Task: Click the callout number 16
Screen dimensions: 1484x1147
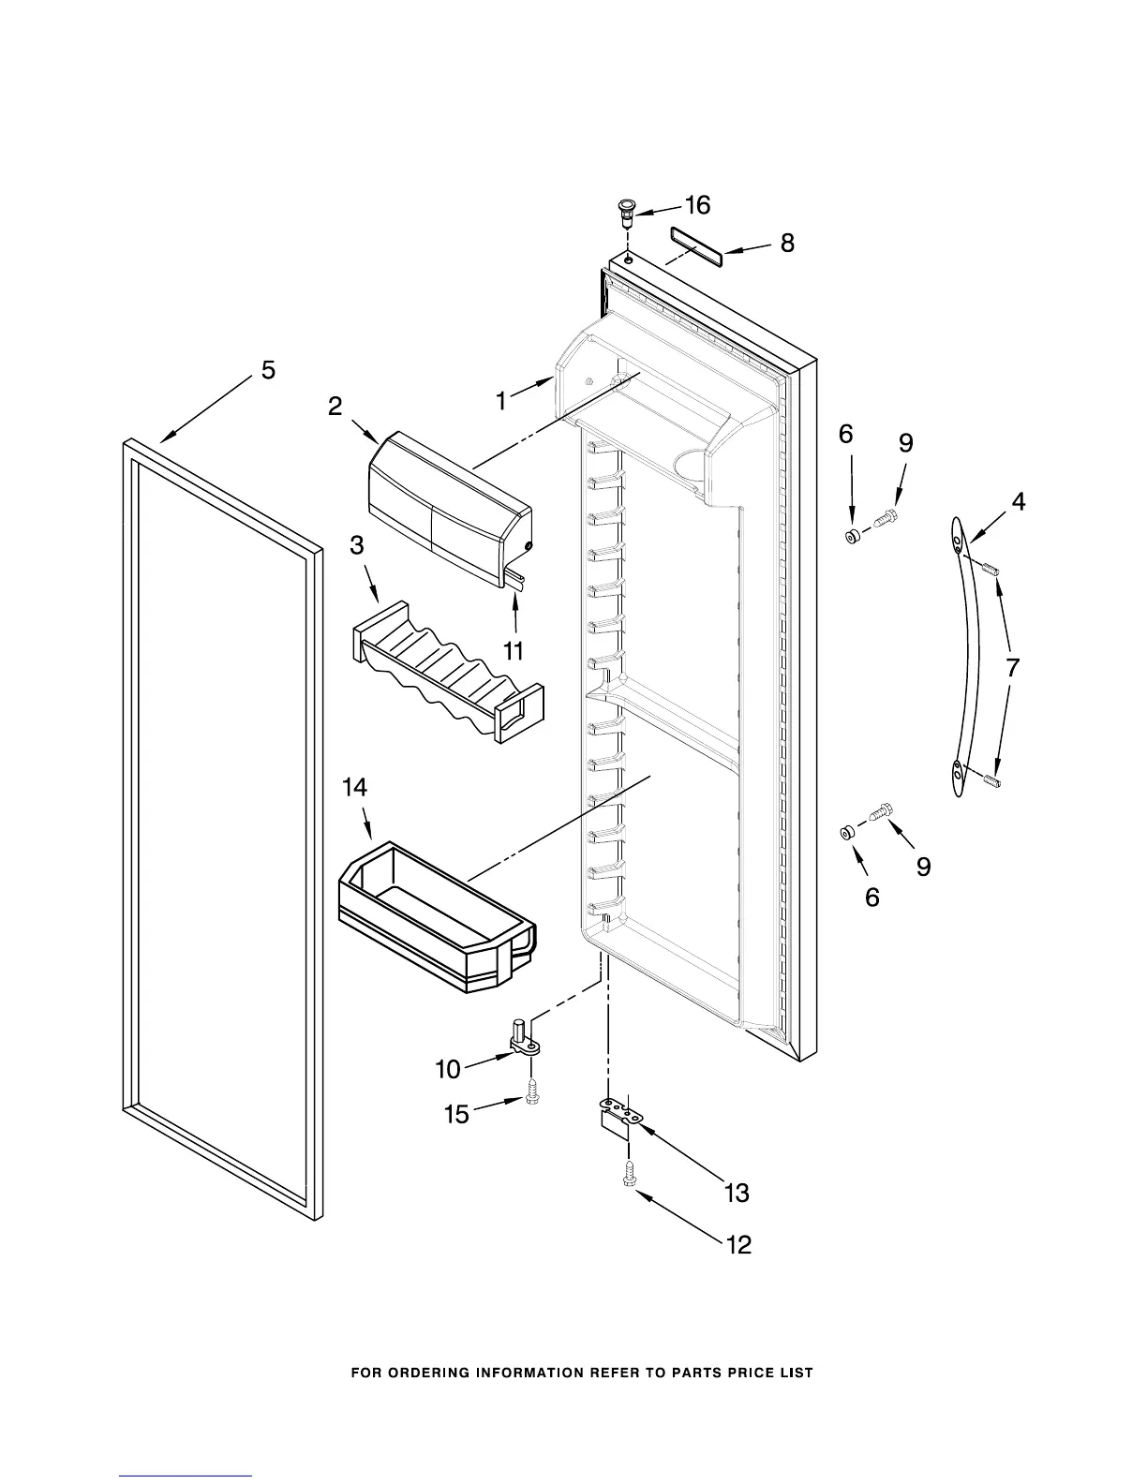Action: [697, 205]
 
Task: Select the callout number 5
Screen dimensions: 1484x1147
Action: [268, 371]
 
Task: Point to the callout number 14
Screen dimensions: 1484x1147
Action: [354, 789]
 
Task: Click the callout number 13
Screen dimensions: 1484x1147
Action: [737, 1193]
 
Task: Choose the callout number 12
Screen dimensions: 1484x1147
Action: [738, 1245]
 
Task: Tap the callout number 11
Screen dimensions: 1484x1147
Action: [514, 649]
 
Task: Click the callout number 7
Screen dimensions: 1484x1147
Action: [1012, 668]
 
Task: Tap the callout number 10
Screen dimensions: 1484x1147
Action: [448, 1068]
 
